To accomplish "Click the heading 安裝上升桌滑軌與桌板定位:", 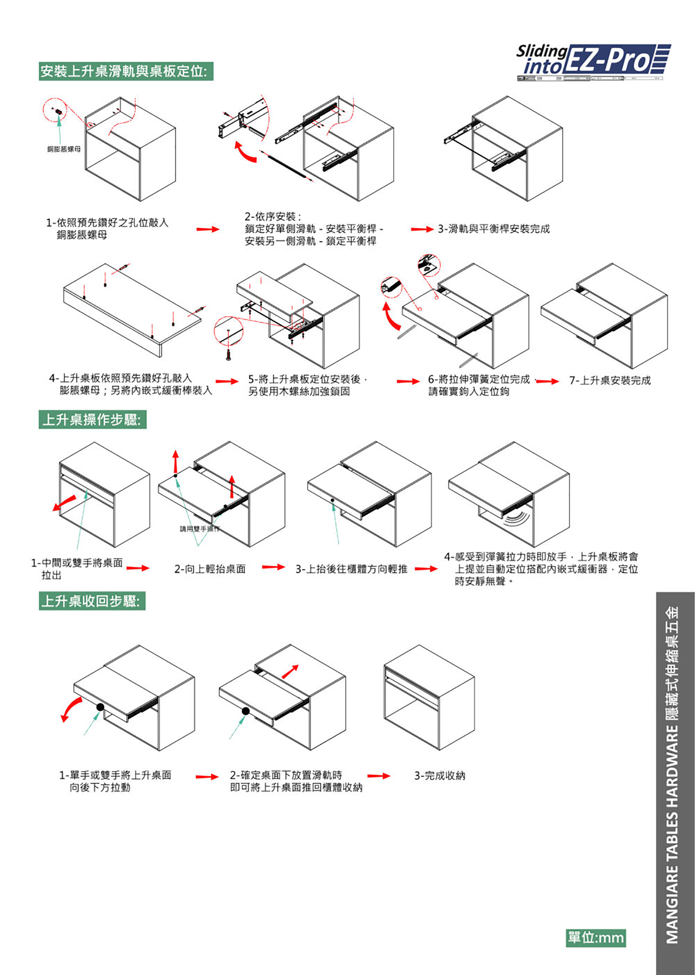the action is click(126, 71).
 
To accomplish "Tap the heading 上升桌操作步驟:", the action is click(92, 419).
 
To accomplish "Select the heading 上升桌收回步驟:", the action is click(92, 601).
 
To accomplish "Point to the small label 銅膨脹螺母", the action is click(63, 149).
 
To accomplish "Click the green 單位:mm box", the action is click(595, 937).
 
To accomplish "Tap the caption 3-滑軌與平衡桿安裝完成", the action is click(493, 229).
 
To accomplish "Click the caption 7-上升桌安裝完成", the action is click(610, 380).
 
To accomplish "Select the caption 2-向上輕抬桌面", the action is click(210, 569).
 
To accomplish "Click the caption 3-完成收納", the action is click(440, 775).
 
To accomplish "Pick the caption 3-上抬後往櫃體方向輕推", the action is click(351, 569).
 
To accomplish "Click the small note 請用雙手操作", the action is click(199, 529).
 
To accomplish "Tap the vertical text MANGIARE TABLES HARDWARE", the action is click(672, 835).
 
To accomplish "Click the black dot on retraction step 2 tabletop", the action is click(246, 711).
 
